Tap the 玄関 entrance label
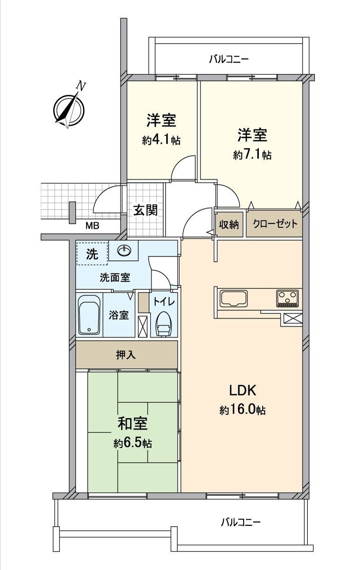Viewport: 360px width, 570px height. point(145,210)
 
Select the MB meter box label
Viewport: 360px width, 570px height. point(92,226)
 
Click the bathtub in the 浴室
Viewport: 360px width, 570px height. point(89,314)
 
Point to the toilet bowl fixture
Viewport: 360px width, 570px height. point(163,324)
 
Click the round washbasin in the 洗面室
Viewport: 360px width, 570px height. point(124,250)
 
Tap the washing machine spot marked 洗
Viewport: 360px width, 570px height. point(92,254)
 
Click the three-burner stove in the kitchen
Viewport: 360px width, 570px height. point(287,298)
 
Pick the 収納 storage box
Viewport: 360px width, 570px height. point(229,224)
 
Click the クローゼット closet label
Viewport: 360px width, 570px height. point(275,224)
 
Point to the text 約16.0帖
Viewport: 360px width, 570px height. point(242,410)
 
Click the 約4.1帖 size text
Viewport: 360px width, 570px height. point(161,141)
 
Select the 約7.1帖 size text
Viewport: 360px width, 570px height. point(252,155)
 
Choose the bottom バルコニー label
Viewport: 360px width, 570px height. point(240,522)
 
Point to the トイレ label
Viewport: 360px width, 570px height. point(164,301)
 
